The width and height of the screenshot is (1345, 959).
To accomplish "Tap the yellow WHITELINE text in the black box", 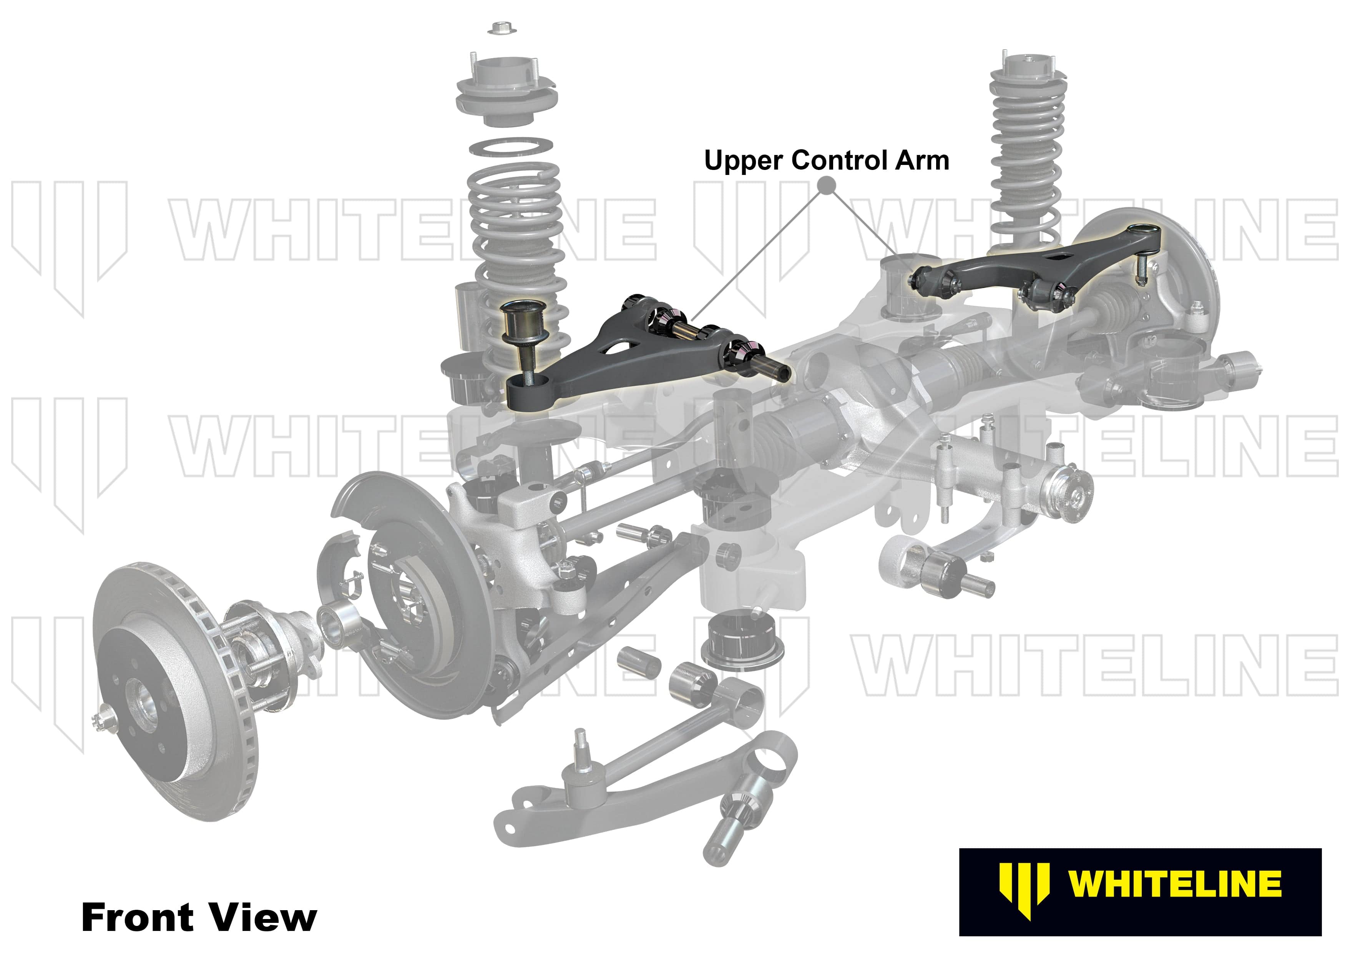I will [1174, 884].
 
